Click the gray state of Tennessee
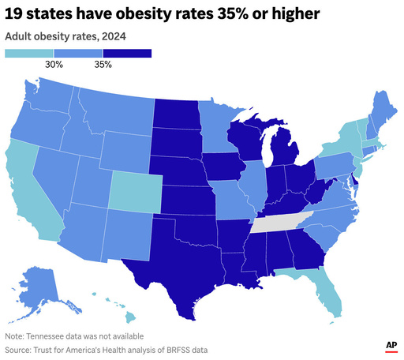pos(280,223)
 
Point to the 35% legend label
pos(103,65)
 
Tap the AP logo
pos(390,346)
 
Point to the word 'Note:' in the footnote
pos(17,335)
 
